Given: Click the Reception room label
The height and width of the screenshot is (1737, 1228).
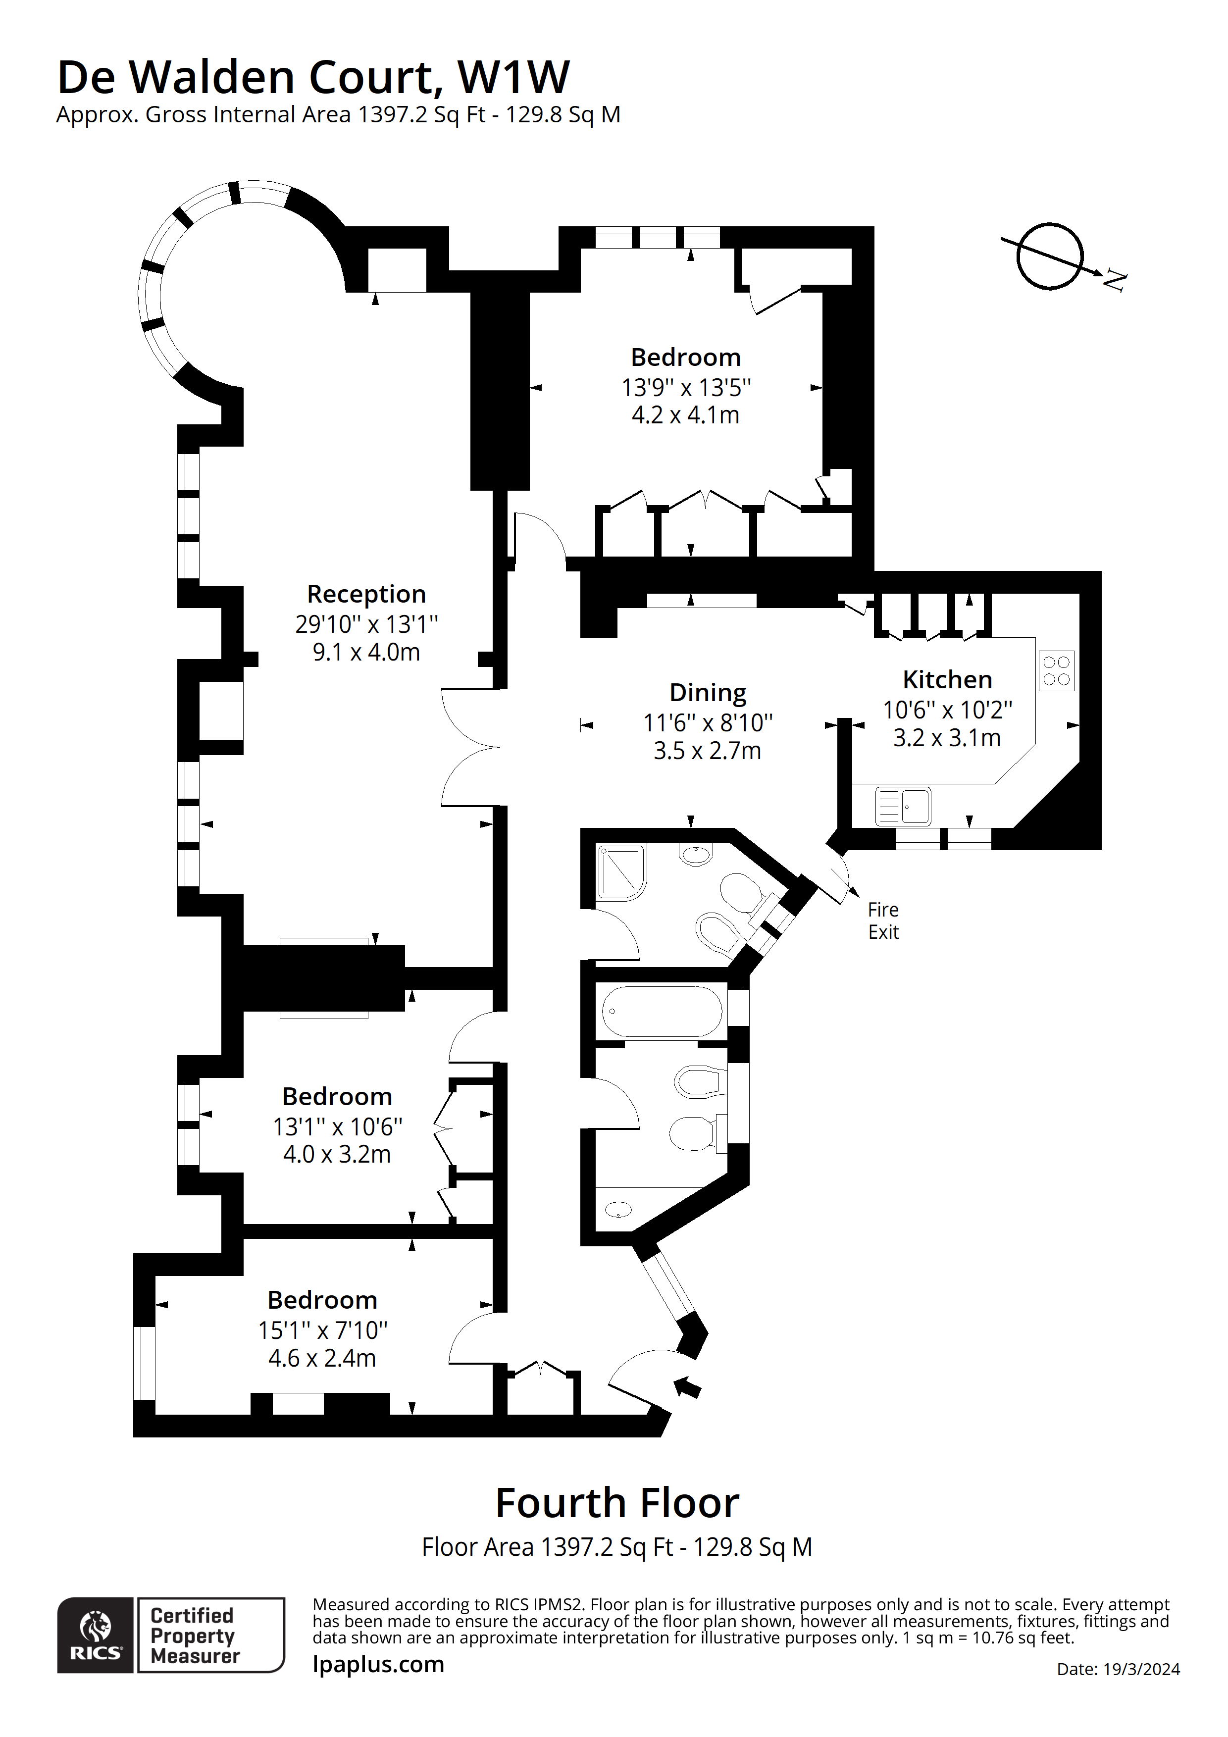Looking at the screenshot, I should [x=366, y=594].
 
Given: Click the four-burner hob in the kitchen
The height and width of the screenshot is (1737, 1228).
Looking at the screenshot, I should [x=1056, y=671].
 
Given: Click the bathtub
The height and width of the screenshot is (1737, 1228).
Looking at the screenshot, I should [x=662, y=1012].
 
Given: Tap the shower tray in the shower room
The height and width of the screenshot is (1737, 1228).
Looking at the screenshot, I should [x=621, y=872].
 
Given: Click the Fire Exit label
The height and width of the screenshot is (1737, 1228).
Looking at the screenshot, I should [x=883, y=920].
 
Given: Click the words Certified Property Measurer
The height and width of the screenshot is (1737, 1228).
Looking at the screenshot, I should [x=195, y=1635].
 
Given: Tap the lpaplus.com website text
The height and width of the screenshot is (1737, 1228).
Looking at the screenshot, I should [x=378, y=1664].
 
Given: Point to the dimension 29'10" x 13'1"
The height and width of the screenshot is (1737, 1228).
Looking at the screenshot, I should [x=366, y=624].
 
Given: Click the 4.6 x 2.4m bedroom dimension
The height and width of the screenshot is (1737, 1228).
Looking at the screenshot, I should [x=322, y=1358].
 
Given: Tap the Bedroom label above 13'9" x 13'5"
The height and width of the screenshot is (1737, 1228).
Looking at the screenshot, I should [x=685, y=357].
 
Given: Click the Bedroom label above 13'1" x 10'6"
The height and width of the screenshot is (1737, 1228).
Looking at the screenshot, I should [x=338, y=1096].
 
